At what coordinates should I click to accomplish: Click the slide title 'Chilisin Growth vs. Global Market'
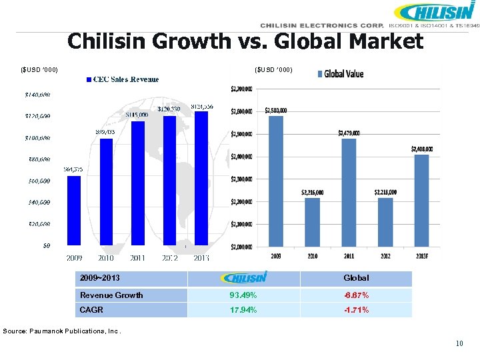(245, 41)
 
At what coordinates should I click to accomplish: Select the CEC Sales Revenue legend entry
(123, 79)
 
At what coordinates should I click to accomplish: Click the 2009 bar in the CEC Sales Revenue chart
(74, 210)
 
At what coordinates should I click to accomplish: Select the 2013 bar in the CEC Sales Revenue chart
(201, 177)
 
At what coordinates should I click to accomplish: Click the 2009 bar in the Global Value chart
(275, 181)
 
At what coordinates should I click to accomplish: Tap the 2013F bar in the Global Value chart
(421, 200)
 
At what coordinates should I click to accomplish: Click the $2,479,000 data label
(349, 133)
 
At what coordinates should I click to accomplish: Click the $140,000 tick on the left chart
(38, 95)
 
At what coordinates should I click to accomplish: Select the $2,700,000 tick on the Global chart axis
(241, 88)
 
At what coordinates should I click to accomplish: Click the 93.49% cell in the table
(243, 295)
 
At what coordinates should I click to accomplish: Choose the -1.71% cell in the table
(355, 310)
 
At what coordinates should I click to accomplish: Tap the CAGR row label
(91, 310)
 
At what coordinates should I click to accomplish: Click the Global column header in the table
(355, 278)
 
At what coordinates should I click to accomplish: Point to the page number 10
(459, 344)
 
